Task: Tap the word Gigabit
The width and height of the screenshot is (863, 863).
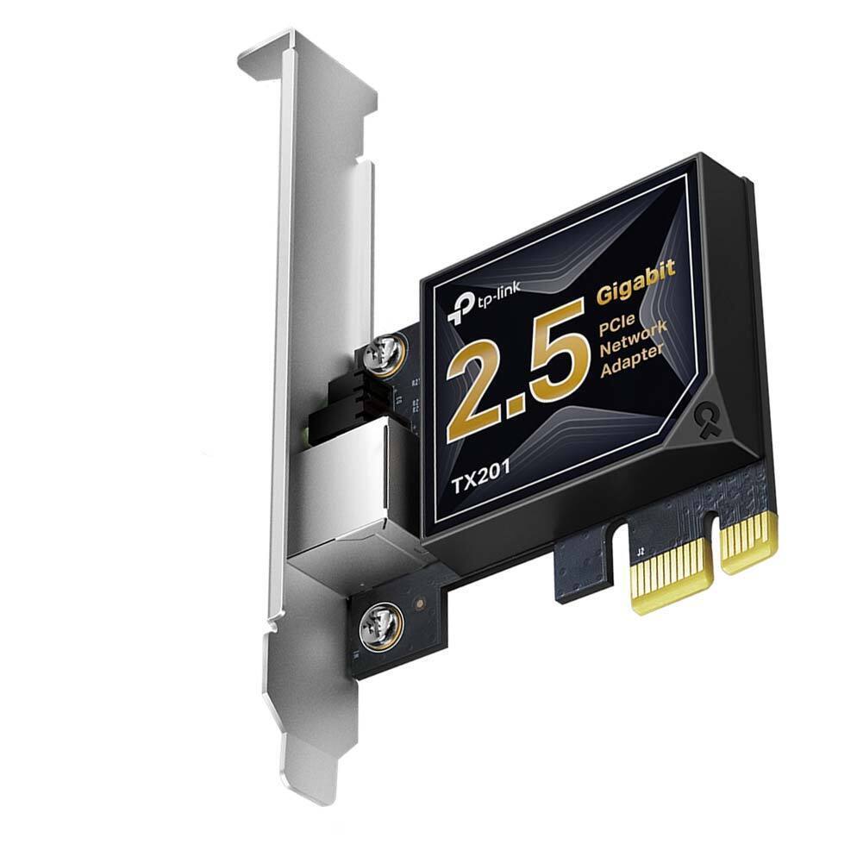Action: [x=635, y=282]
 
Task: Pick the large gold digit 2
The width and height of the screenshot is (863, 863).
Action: [x=479, y=385]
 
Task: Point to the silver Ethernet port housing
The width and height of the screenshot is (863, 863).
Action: [x=345, y=496]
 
